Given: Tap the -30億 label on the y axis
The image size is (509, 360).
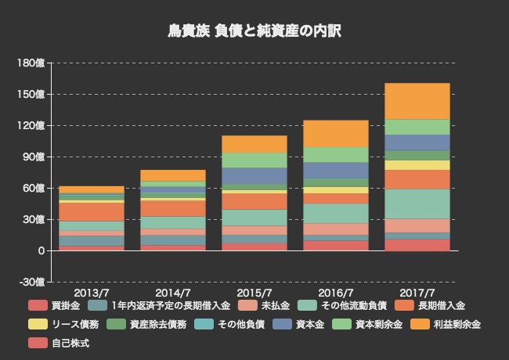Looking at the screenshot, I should point(32,282).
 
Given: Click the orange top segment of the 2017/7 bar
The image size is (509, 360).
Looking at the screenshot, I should point(417,101).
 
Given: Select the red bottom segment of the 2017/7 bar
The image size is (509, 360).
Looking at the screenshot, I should point(417,245).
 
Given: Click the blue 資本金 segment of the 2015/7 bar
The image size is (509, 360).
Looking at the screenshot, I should point(254,175).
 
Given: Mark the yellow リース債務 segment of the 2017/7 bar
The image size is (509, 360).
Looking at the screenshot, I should point(417,165).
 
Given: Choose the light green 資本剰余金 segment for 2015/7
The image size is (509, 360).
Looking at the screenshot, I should point(254,160).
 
